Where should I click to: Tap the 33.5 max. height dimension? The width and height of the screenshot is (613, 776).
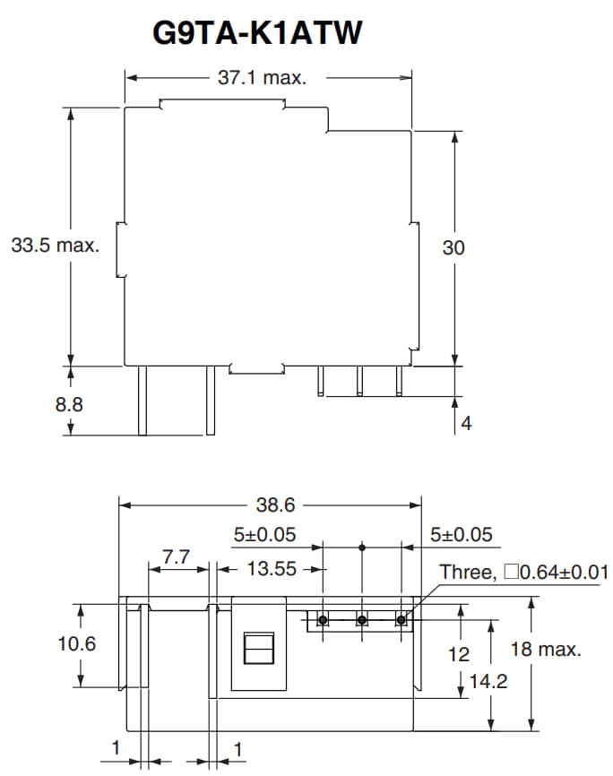click(55, 246)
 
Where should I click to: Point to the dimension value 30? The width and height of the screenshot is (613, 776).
click(453, 248)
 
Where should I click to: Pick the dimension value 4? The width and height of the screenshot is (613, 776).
click(465, 422)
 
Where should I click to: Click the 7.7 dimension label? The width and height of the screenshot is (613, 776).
click(177, 557)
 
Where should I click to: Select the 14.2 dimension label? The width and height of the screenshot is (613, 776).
click(488, 681)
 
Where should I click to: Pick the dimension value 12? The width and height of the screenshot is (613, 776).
click(459, 654)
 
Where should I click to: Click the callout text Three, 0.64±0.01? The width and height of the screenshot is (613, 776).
click(523, 572)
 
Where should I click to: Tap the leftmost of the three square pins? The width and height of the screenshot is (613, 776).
click(324, 619)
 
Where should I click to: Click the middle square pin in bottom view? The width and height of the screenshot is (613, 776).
click(362, 619)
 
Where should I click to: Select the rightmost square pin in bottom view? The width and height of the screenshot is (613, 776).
click(401, 619)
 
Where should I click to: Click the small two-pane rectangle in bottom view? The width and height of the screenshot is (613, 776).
click(258, 647)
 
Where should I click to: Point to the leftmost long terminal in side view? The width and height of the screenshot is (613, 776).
click(142, 401)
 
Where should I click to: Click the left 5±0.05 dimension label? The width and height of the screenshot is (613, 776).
click(264, 535)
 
